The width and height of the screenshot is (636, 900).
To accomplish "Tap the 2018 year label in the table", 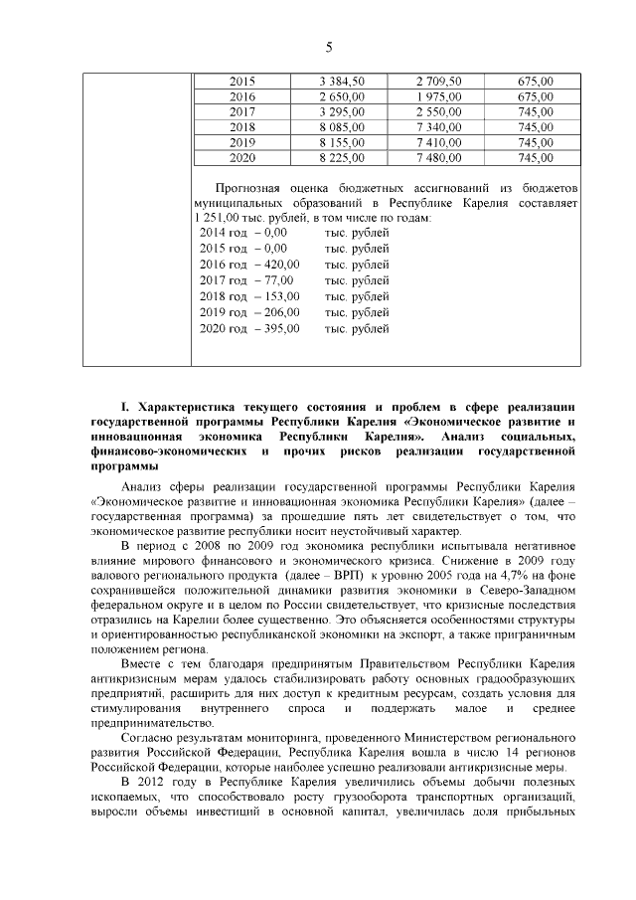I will [x=241, y=127].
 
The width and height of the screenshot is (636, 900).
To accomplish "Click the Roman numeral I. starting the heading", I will [x=125, y=407].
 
